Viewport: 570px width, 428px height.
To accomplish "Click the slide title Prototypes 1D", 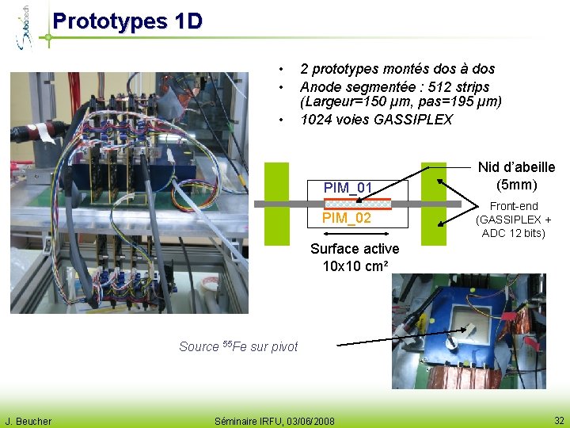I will (x=127, y=21).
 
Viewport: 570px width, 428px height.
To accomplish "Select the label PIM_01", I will (x=348, y=188).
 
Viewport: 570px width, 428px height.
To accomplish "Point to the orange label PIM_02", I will (x=347, y=218).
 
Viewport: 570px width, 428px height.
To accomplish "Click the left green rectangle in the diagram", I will (x=277, y=203).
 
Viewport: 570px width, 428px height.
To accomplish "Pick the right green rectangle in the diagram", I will (x=433, y=203).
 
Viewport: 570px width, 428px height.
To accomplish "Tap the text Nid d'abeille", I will (x=516, y=167).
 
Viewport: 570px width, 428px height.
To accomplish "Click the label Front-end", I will (x=514, y=206).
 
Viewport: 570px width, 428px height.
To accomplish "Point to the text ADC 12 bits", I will (x=514, y=233).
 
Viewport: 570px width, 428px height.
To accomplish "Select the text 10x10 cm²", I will (x=355, y=266).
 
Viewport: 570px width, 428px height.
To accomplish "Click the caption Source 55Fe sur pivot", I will (x=238, y=346).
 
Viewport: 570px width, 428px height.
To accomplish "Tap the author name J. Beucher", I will (x=28, y=421).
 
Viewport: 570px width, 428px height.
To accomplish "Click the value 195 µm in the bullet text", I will (x=469, y=102).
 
